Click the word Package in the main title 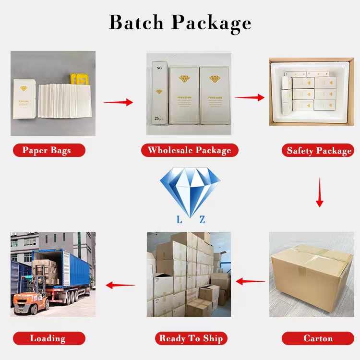212,23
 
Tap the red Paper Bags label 47,150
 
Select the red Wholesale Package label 189,150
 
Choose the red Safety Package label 319,151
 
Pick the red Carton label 318,338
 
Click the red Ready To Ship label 191,338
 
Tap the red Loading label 48,338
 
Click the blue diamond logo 190,190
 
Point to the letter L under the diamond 179,220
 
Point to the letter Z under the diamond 202,220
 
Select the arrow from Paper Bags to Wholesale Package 118,102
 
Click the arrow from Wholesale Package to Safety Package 249,97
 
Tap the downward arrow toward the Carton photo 319,192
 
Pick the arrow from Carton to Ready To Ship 250,282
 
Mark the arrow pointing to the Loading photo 120,285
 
